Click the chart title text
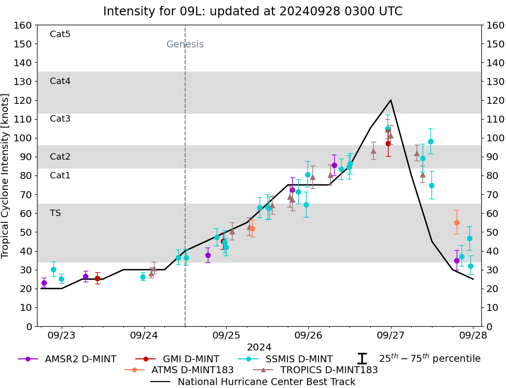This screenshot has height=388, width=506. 253,11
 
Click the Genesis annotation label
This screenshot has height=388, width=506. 185,44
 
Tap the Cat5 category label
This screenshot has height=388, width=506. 60,34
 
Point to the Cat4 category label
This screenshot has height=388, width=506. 60,81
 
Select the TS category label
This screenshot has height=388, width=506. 55,213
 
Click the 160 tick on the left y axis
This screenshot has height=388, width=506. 25,25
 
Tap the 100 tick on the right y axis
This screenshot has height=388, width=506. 494,138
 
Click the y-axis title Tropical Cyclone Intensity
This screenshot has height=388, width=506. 5,175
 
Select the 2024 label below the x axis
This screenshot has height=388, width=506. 259,347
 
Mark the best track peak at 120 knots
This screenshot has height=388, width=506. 390,100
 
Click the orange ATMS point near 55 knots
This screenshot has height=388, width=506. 457,222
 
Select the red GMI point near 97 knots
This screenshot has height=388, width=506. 388,143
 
